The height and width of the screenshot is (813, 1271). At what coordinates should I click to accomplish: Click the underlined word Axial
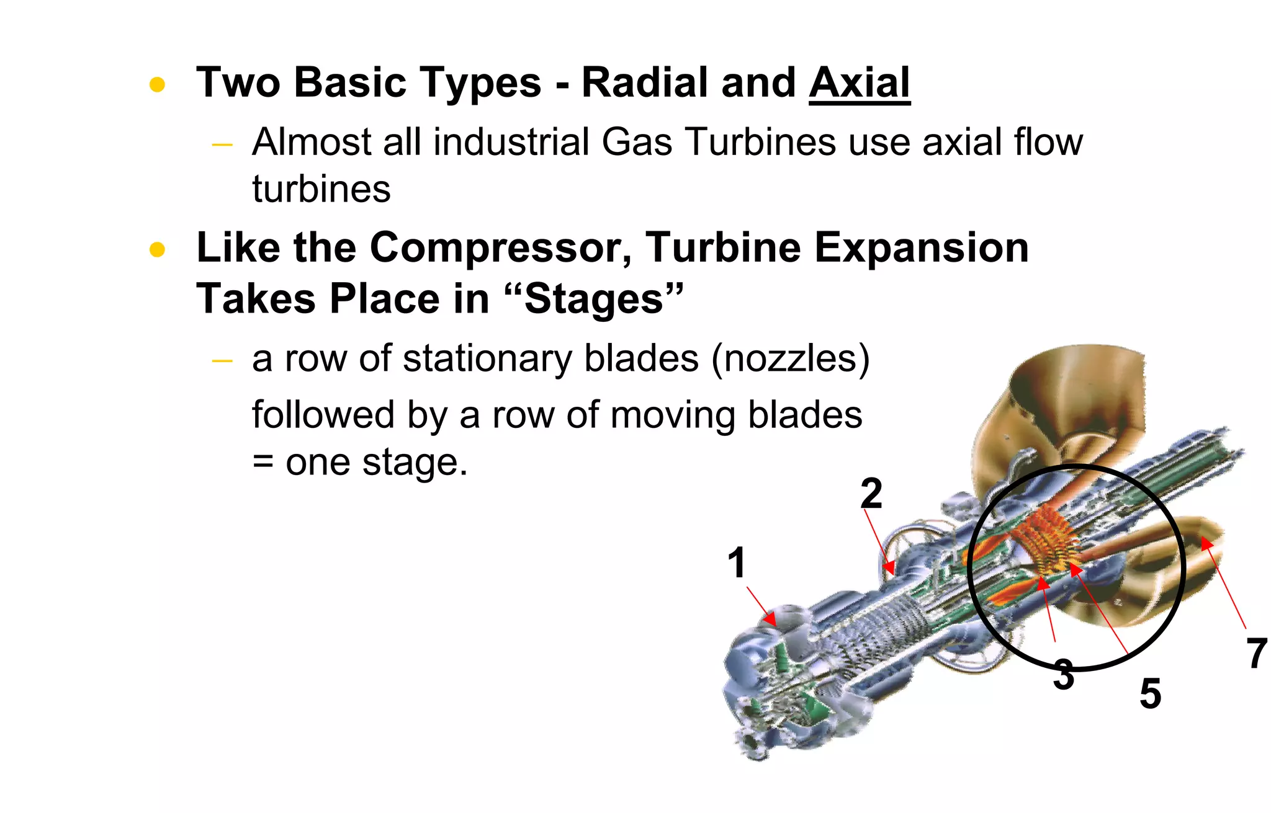(860, 82)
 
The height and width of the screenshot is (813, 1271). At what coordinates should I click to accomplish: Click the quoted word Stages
(594, 299)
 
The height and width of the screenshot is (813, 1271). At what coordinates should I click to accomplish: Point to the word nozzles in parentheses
(790, 358)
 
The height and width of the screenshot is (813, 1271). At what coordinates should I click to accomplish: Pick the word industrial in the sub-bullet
(511, 142)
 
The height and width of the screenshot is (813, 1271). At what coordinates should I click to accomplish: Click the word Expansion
(921, 248)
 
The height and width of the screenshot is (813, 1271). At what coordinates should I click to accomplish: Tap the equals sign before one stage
(263, 462)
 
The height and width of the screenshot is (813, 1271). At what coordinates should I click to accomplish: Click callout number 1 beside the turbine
(736, 562)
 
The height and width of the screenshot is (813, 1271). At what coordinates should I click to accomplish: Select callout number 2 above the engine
(871, 494)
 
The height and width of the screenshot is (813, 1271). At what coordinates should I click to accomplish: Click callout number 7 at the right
(1257, 654)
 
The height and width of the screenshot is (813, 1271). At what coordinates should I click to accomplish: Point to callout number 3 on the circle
(1063, 675)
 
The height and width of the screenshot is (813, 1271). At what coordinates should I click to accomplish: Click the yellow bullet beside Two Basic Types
(157, 84)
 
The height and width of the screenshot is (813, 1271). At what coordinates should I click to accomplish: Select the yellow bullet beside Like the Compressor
(157, 250)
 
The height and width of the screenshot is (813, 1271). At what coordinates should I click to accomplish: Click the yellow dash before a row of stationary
(222, 361)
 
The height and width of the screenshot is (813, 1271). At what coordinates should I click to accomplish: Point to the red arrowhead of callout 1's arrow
(770, 619)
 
